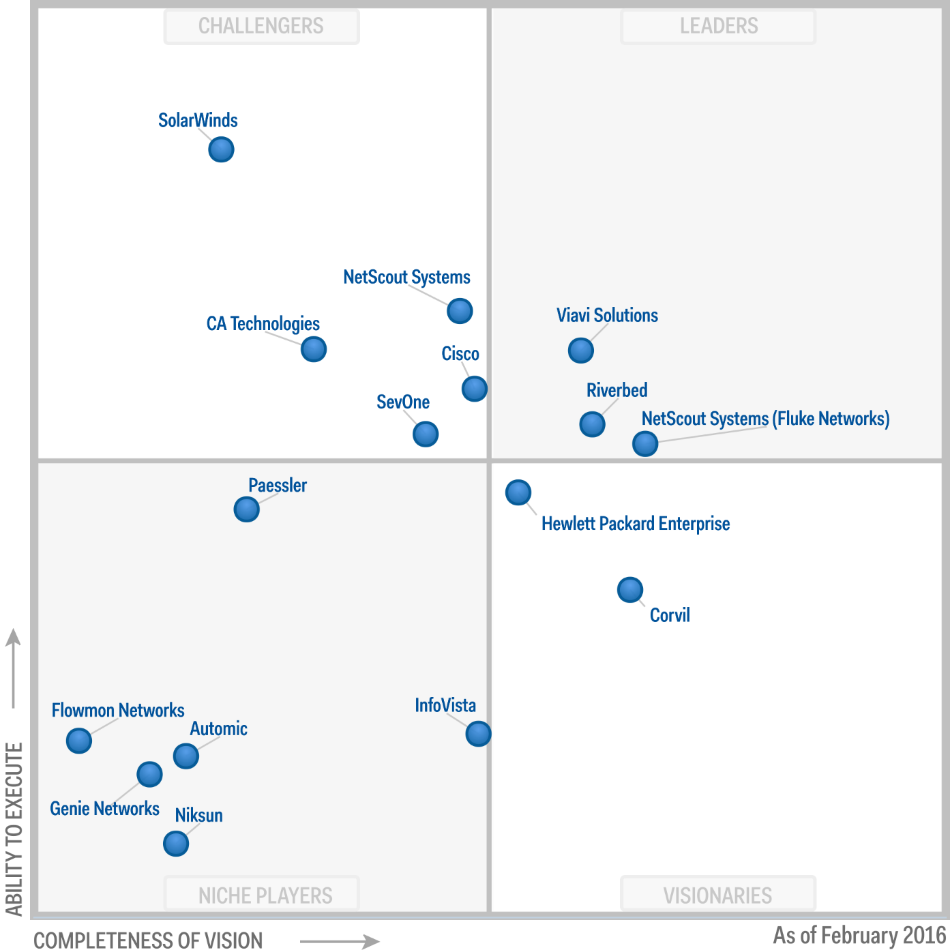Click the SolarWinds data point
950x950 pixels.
(221, 149)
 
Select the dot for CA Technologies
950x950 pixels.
(314, 349)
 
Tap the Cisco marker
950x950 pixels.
(475, 389)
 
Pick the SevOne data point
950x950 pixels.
(426, 434)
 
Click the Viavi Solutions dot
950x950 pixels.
(581, 351)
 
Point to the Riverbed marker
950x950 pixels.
(592, 424)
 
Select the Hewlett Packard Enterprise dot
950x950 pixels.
(518, 492)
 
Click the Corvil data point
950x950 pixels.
(630, 590)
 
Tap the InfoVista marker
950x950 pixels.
(478, 734)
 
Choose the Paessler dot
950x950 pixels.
(246, 509)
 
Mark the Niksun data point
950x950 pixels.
(176, 844)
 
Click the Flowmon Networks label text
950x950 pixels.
(118, 711)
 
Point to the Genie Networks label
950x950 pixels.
(104, 809)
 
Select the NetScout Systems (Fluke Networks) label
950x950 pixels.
(765, 419)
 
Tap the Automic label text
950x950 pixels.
(218, 729)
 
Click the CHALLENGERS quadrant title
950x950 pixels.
(261, 27)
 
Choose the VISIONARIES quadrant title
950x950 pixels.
(717, 895)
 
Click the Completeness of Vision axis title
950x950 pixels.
(148, 940)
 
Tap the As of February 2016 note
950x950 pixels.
(859, 935)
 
